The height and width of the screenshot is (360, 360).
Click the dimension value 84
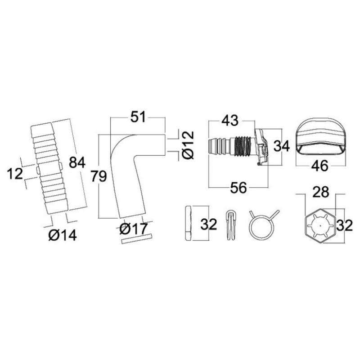click(x=77, y=162)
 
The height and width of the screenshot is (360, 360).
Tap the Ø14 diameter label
click(x=63, y=235)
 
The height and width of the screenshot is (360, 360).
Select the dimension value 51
click(x=138, y=117)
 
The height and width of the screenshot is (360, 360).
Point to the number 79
click(x=99, y=176)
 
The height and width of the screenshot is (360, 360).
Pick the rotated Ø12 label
click(x=188, y=145)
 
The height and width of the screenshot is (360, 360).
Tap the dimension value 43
click(x=230, y=120)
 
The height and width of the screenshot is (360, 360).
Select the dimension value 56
click(x=239, y=187)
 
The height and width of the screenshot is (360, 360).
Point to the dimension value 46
click(x=320, y=166)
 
